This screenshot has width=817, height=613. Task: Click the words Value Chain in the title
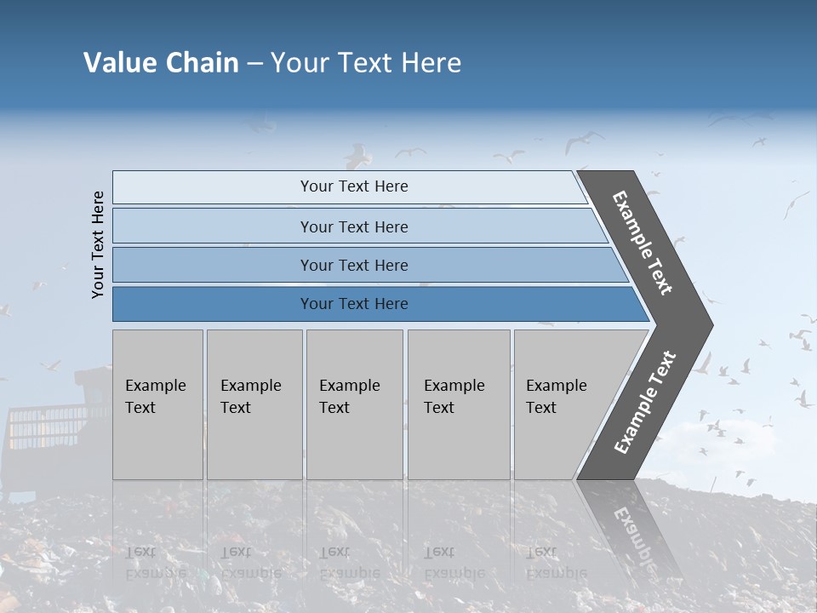click(x=161, y=63)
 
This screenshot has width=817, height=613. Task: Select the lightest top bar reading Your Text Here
click(x=353, y=186)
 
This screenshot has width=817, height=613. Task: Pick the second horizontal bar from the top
click(x=353, y=226)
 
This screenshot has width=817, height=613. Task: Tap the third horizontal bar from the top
click(x=353, y=265)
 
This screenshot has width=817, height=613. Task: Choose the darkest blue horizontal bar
click(x=353, y=304)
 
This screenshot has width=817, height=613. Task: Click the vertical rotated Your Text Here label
click(x=98, y=244)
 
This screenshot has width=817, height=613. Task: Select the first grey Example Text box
click(x=157, y=404)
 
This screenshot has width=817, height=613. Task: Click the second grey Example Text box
click(x=254, y=404)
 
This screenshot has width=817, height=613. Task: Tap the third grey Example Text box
click(x=353, y=404)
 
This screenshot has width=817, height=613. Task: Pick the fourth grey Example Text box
click(x=458, y=404)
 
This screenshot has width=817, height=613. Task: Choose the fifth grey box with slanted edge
click(x=562, y=404)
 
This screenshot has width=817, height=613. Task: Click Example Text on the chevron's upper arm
click(x=643, y=243)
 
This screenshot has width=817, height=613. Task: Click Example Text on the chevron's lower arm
click(x=644, y=402)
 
